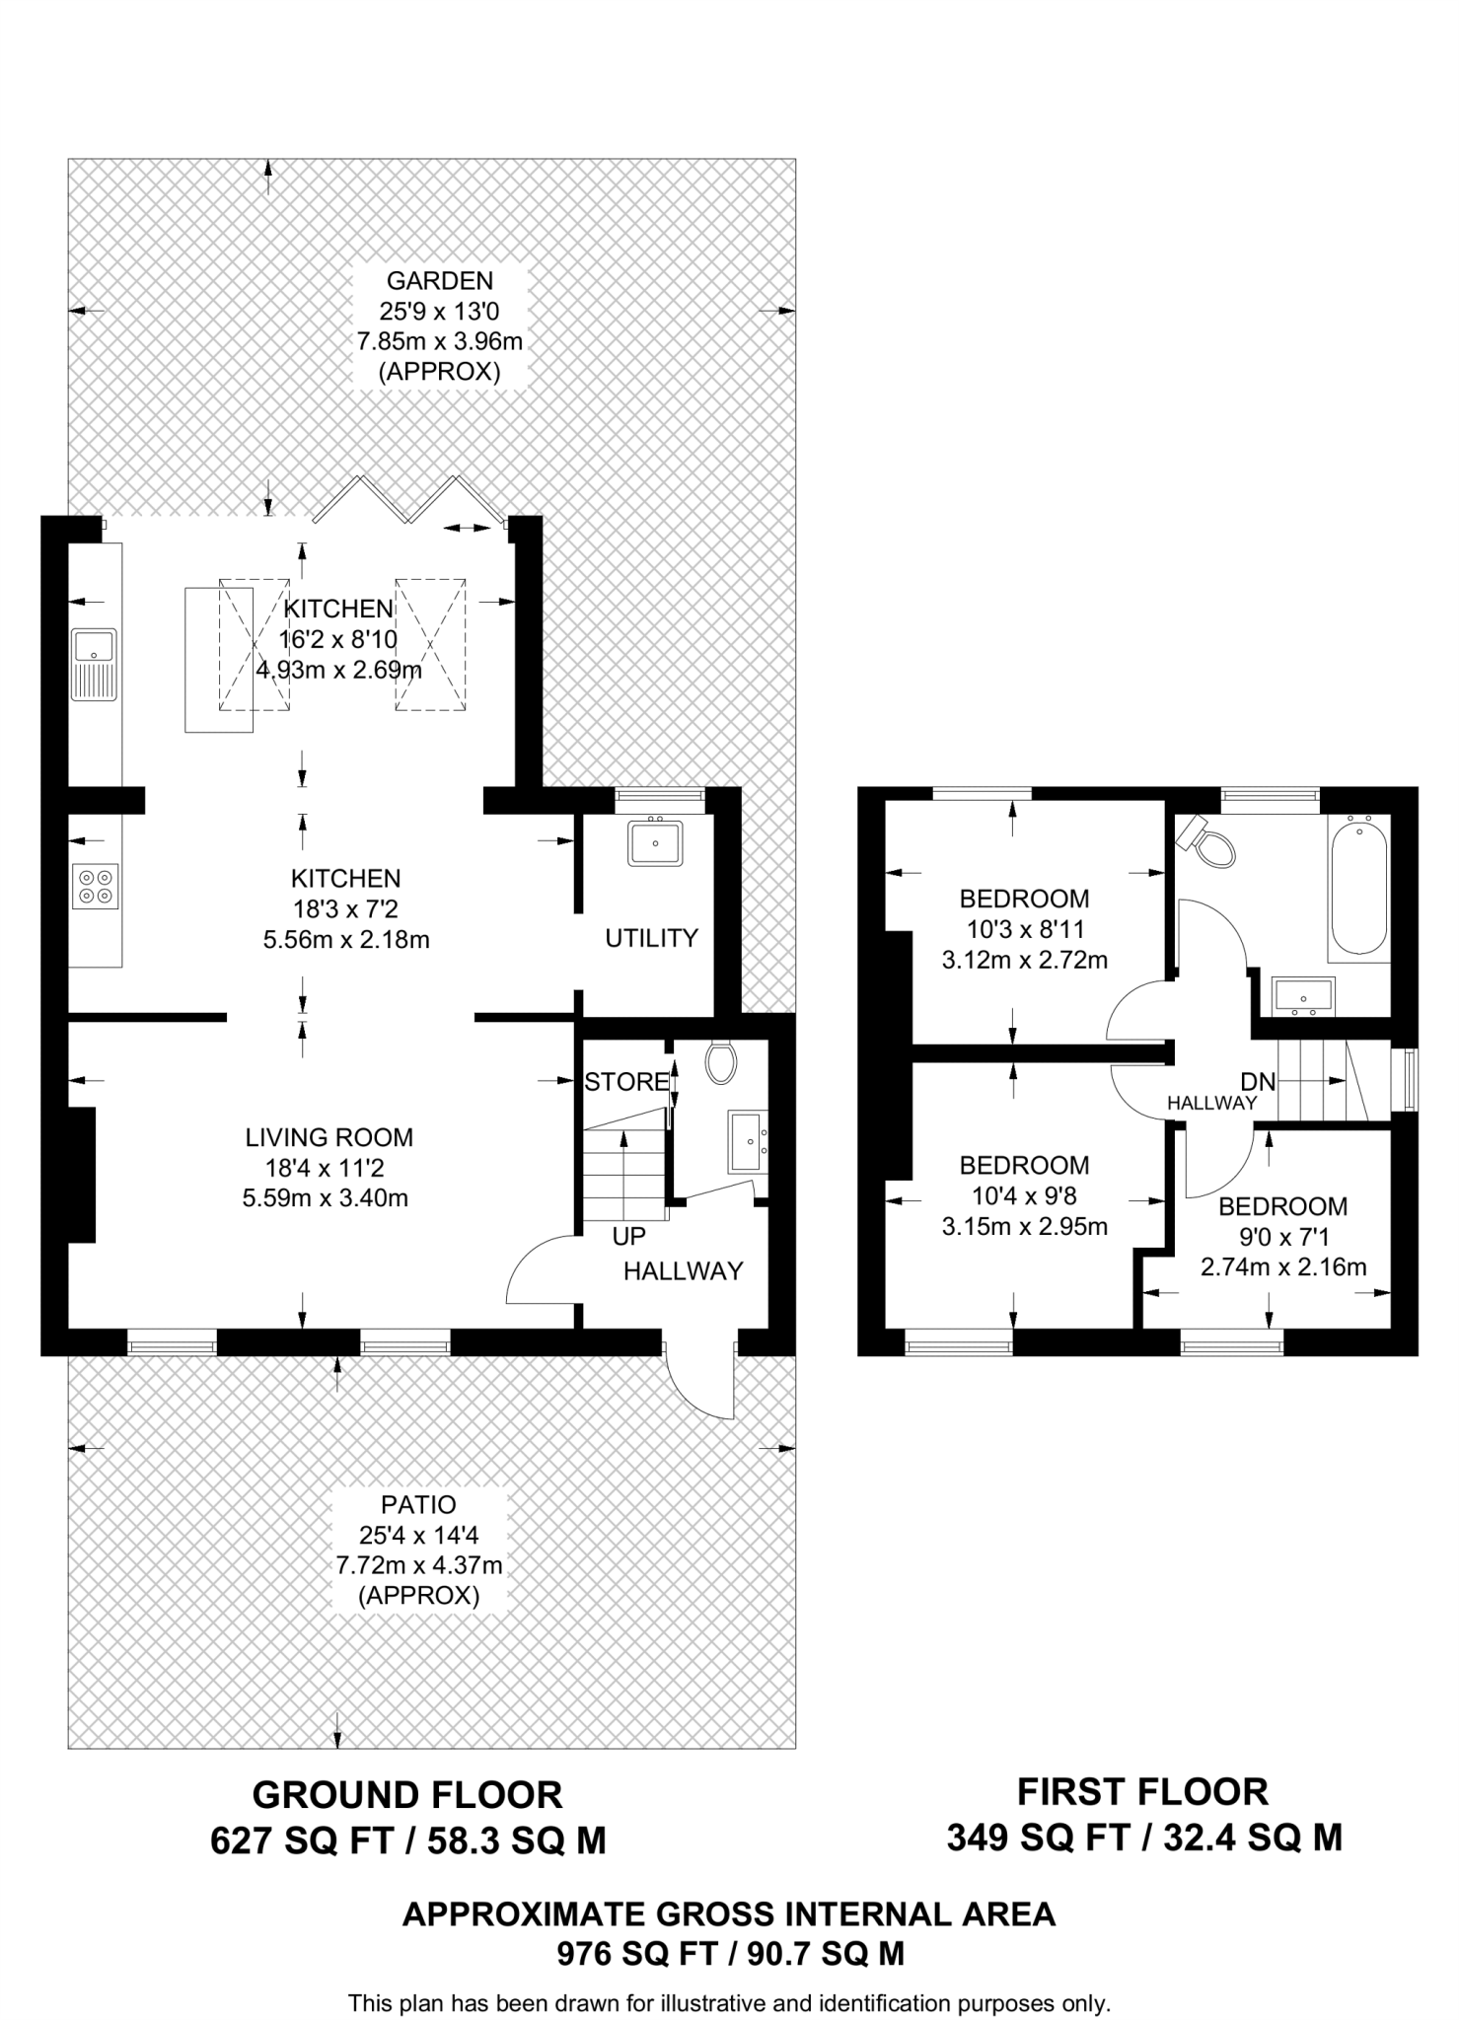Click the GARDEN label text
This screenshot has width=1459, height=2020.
tap(439, 281)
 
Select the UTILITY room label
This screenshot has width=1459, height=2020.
tap(651, 938)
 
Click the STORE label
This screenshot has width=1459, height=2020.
tap(625, 1082)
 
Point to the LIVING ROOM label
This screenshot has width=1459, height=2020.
tap(329, 1137)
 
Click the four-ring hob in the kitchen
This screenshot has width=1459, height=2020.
tap(96, 885)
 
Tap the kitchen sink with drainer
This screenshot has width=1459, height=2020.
tap(94, 664)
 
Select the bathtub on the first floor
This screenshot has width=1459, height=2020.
tap(1358, 884)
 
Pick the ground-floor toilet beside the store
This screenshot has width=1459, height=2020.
tap(721, 1062)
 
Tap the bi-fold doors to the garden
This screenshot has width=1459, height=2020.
tap(409, 500)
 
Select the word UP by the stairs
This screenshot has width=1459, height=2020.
tap(628, 1236)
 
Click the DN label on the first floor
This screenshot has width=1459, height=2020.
tap(1258, 1082)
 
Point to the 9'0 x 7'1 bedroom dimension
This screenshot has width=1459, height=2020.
tap(1282, 1237)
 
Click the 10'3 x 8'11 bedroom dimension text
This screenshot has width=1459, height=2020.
tap(1024, 929)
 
